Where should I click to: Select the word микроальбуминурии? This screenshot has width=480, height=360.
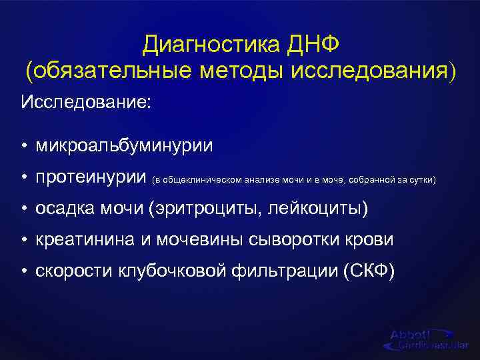pos(125,145)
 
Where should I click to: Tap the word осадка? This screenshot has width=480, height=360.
pos(63,209)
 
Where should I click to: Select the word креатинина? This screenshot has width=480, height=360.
pos(85,240)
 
